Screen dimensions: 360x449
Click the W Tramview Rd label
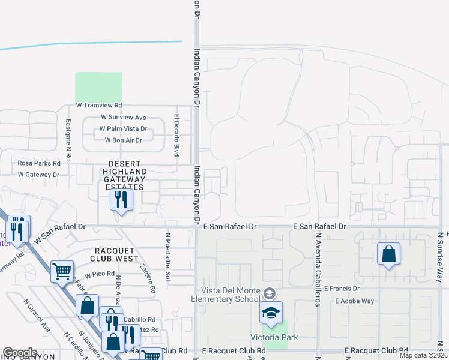point(98,105)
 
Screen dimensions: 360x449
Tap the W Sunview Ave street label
point(124,118)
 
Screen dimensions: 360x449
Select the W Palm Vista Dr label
point(123,129)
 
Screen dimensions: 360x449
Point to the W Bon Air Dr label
point(123,140)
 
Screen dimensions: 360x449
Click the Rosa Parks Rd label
point(39,163)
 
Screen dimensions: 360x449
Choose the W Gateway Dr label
point(38,175)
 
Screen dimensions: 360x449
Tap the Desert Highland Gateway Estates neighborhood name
point(124,175)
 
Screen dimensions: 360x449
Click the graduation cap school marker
point(271,313)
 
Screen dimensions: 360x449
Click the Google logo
point(20,353)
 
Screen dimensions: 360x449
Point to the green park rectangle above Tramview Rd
point(98,86)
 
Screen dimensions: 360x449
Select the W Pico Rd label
point(100,274)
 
